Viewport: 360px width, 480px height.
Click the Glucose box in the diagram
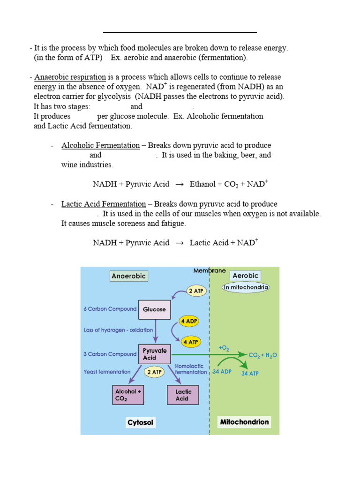coord(154,310)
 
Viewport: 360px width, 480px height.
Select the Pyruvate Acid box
coord(154,354)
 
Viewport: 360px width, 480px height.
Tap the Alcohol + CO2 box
coord(126,395)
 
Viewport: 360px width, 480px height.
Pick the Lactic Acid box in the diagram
coord(182,395)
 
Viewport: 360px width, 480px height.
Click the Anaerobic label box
coord(129,276)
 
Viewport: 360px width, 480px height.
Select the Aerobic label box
coord(246,276)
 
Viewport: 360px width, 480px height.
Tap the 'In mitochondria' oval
coord(246,287)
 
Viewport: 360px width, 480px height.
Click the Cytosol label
coord(141,423)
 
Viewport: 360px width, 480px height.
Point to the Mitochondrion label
coord(245,422)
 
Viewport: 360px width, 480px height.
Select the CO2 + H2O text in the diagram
coord(262,355)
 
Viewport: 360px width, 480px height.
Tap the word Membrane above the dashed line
coord(210,271)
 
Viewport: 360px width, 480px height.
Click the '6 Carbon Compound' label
coord(110,309)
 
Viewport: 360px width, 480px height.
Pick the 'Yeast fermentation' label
coord(107,372)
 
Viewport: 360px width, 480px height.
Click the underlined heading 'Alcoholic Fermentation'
coord(100,145)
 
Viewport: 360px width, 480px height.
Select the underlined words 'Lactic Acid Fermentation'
coord(104,204)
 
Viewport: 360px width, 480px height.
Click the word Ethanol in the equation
coord(202,184)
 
